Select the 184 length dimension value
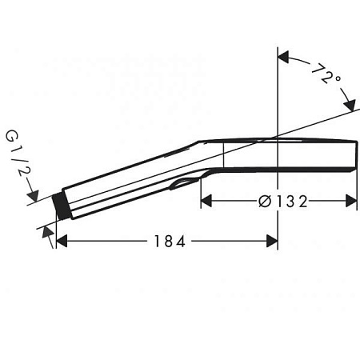click(x=167, y=241)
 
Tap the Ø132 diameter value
click(x=279, y=201)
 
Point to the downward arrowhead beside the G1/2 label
click(x=33, y=193)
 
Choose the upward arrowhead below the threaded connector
click(x=50, y=232)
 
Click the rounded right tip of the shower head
click(x=354, y=157)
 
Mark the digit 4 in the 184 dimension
click(x=182, y=241)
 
